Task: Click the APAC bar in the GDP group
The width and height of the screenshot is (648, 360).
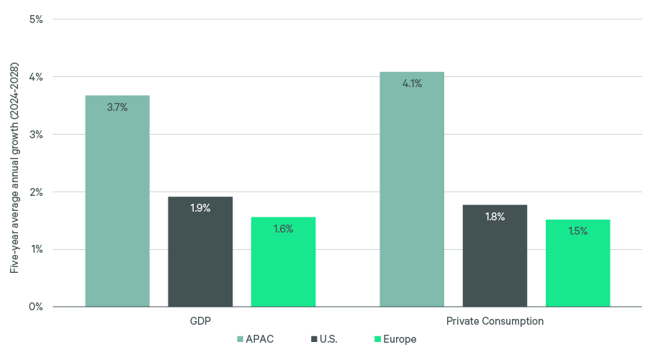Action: click(x=117, y=201)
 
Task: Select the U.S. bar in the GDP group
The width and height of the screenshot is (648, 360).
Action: click(x=200, y=251)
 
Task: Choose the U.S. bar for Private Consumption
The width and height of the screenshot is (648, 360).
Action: click(x=495, y=256)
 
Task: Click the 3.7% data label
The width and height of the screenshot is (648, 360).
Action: click(x=117, y=107)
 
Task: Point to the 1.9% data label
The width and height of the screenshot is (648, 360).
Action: click(x=200, y=208)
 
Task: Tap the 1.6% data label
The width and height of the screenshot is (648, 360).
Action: click(x=283, y=229)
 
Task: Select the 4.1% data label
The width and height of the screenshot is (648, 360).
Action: click(x=412, y=84)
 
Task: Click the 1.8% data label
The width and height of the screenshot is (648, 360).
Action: click(x=495, y=217)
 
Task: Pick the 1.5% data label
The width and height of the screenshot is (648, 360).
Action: click(x=577, y=231)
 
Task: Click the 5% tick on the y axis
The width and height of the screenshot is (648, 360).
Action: click(x=35, y=19)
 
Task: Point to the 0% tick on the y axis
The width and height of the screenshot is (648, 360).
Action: click(x=35, y=307)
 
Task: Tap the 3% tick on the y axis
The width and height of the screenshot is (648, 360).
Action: click(x=35, y=135)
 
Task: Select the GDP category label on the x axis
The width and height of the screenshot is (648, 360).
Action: click(x=200, y=321)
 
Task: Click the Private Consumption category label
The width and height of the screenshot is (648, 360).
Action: click(x=495, y=321)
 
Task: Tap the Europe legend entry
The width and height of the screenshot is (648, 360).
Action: click(x=395, y=339)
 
